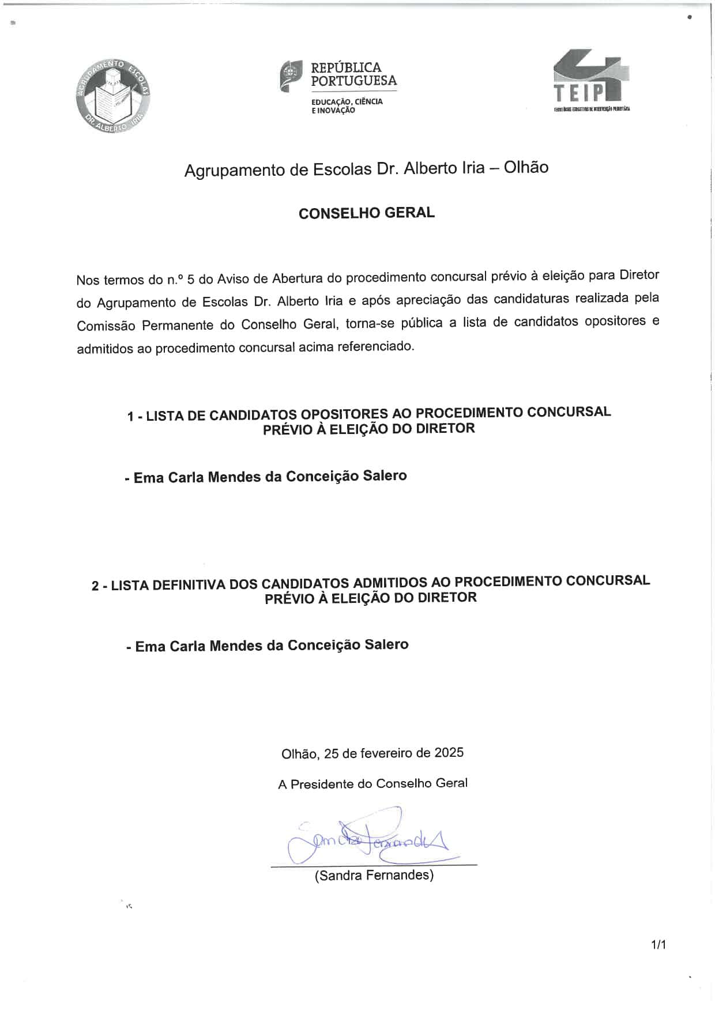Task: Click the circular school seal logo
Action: [113, 96]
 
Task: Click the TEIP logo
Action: [591, 80]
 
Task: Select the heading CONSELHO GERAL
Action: [367, 213]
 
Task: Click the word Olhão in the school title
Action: [526, 168]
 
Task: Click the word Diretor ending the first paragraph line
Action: [639, 275]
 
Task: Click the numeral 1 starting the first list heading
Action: [131, 416]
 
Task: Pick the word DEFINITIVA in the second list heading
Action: [182, 584]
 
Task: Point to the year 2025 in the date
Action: [449, 752]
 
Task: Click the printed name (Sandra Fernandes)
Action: [374, 875]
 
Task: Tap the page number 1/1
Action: [658, 945]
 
